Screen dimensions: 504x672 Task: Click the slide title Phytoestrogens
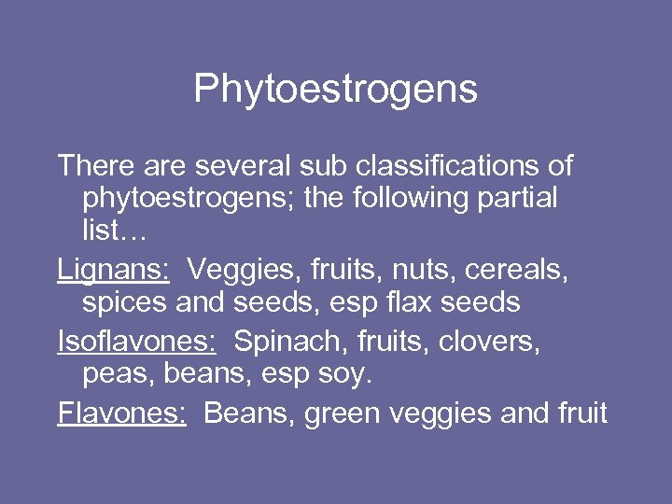[335, 90]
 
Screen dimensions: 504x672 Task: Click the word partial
[515, 198]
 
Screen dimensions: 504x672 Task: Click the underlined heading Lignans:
[113, 270]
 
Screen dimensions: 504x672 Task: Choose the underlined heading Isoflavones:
[136, 343]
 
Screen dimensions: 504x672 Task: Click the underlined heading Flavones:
[121, 412]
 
